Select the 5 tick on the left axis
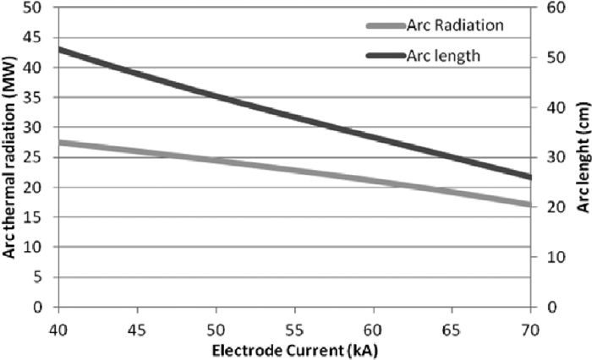click(x=37, y=277)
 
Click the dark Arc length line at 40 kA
click(x=60, y=49)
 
